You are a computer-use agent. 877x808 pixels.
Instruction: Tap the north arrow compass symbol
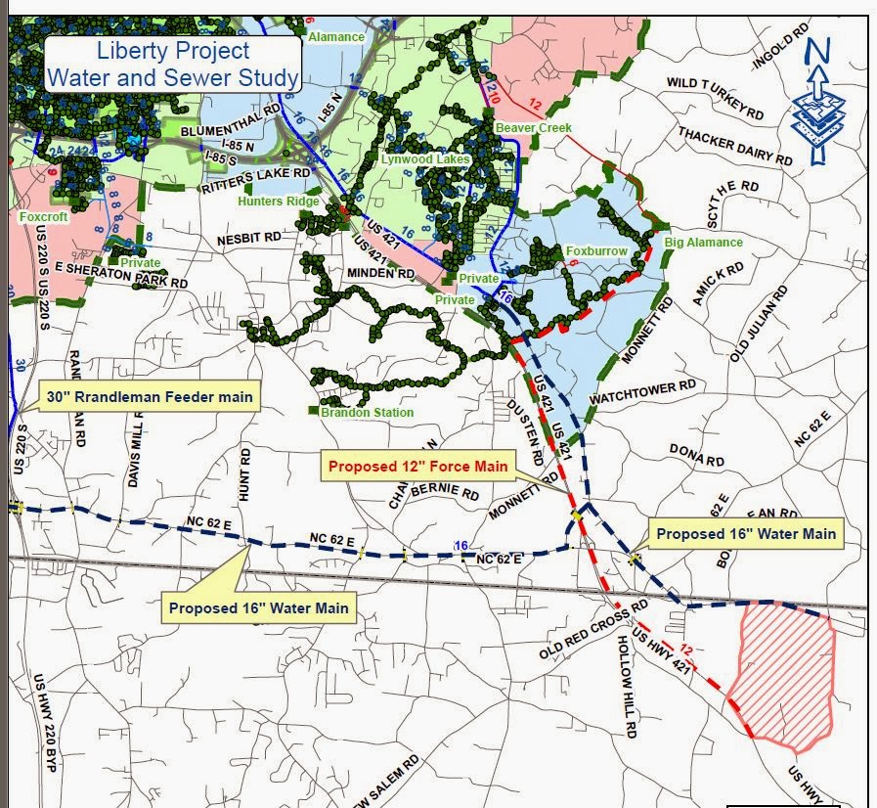[x=819, y=98]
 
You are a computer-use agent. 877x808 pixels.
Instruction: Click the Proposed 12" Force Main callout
[x=417, y=467]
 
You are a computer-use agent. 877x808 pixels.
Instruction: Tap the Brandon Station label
[x=366, y=412]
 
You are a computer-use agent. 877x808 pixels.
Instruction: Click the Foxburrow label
[x=595, y=251]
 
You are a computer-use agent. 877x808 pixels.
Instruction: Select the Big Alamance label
[x=703, y=242]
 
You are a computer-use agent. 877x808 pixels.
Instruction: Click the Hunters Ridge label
[x=278, y=202]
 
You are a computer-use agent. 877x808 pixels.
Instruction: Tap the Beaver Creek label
[x=533, y=128]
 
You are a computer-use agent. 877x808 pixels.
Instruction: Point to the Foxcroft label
[x=43, y=215]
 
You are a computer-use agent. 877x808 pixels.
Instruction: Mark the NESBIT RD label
[x=248, y=237]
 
